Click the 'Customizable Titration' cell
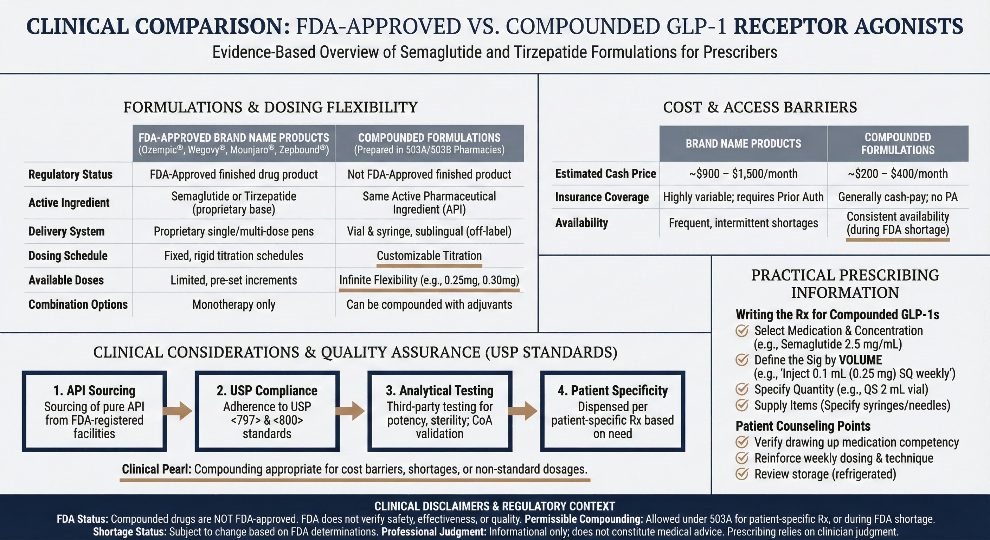click(x=429, y=256)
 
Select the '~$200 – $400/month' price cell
click(x=898, y=174)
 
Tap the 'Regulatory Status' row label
click(x=70, y=174)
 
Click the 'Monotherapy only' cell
click(x=234, y=304)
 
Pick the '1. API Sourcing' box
click(x=94, y=411)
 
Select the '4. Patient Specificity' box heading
click(x=613, y=391)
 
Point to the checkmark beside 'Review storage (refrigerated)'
click(x=742, y=474)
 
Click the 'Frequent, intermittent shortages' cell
click(x=743, y=223)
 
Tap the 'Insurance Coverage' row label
click(x=602, y=197)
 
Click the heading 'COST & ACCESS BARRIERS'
click(x=759, y=107)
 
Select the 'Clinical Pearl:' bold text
click(x=156, y=469)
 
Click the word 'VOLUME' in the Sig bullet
click(x=860, y=360)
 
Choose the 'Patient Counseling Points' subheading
click(x=803, y=426)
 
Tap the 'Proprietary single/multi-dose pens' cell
click(x=234, y=231)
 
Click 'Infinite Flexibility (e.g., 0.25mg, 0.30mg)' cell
click(x=429, y=280)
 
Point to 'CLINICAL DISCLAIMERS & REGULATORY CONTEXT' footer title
click(x=495, y=506)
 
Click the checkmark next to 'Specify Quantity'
click(x=742, y=389)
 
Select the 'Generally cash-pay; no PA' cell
click(x=898, y=197)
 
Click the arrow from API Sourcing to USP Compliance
click(x=177, y=411)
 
